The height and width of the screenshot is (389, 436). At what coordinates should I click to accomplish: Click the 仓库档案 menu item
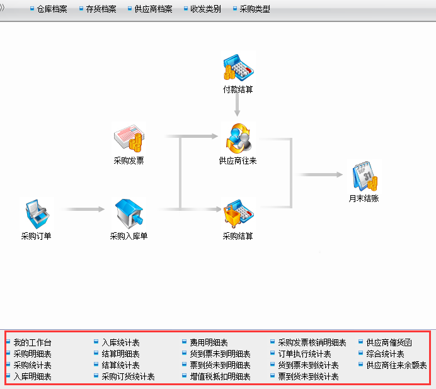click(x=52, y=9)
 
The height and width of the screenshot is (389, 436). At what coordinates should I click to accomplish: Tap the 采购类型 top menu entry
click(x=255, y=9)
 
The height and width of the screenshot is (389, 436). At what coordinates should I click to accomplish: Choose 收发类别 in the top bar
click(x=205, y=9)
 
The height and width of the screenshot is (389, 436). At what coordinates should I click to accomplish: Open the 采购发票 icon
click(x=129, y=138)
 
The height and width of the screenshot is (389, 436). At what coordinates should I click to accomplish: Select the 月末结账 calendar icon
click(x=365, y=176)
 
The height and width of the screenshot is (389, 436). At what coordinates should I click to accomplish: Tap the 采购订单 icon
click(x=37, y=215)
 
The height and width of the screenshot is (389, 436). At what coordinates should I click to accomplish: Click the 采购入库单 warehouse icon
click(x=129, y=215)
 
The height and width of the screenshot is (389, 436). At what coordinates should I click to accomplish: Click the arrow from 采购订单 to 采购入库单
click(x=85, y=209)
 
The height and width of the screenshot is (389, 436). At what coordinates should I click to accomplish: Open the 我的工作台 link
click(x=32, y=342)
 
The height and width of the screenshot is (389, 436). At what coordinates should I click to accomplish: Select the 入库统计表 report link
click(x=120, y=342)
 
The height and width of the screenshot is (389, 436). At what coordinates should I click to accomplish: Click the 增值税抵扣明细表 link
click(x=220, y=376)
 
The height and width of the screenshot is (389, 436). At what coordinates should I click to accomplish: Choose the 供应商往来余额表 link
click(x=396, y=365)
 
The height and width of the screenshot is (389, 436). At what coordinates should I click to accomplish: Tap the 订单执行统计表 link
click(x=304, y=354)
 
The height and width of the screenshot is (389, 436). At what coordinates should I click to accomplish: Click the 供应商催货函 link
click(x=389, y=342)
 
